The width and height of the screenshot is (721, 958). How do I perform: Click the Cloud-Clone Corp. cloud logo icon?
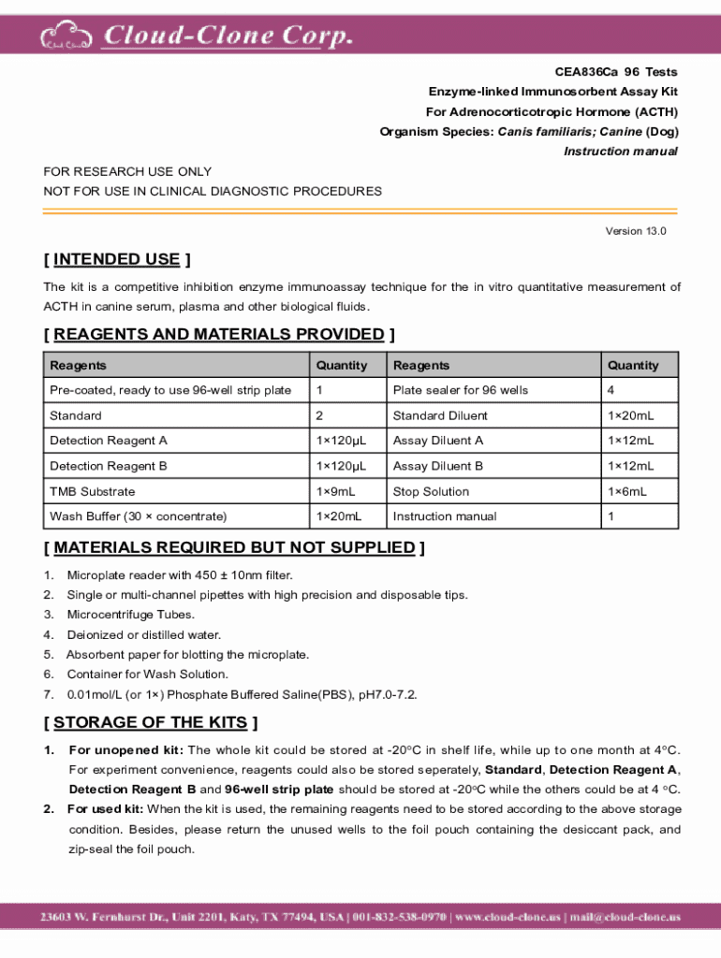coord(66,37)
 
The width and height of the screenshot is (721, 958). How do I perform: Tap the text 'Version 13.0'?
coord(636,231)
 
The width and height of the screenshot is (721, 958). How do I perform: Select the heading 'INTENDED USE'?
coord(117,259)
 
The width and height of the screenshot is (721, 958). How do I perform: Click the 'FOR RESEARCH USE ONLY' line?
coord(127,171)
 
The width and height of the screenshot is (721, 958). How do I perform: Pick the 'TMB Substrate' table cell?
coord(92,491)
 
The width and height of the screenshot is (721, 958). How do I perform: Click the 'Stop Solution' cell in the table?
coord(431,491)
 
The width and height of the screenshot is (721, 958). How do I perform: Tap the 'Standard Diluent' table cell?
coord(440,415)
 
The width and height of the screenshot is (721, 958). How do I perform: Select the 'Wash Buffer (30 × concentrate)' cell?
coord(138,516)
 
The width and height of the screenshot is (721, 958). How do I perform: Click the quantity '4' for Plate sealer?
coord(611,390)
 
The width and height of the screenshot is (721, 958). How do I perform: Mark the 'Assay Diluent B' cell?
coord(438,466)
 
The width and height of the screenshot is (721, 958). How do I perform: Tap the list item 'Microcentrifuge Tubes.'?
coord(131,615)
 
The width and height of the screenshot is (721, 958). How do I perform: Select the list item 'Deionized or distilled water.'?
coord(144,635)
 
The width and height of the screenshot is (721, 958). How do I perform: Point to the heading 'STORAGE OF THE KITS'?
coord(151,722)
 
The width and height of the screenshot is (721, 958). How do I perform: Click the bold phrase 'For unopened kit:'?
coord(126,750)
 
